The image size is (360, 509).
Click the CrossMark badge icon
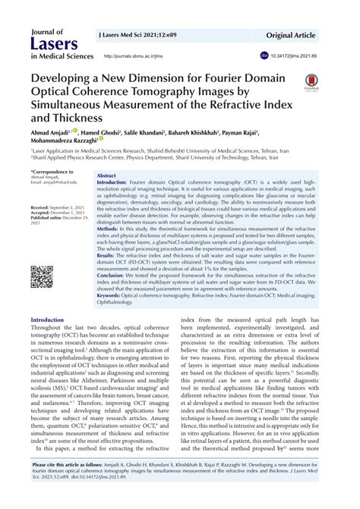click(311, 81)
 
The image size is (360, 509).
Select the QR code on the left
click(42, 277)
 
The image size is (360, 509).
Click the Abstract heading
click(106, 175)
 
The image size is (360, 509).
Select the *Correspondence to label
click(52, 172)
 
